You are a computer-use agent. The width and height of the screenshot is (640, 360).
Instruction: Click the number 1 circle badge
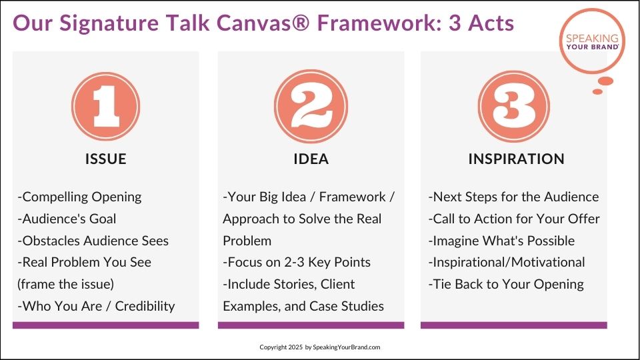[106, 107]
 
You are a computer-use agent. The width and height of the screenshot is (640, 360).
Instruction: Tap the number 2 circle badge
[311, 107]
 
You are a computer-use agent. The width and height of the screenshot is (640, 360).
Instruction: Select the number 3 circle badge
[514, 107]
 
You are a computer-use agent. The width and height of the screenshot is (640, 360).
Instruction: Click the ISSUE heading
[106, 159]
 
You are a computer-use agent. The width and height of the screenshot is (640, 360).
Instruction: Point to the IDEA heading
[311, 159]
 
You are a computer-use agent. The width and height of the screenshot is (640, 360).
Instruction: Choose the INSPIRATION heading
[516, 159]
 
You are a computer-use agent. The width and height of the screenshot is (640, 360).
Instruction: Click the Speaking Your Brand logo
[592, 42]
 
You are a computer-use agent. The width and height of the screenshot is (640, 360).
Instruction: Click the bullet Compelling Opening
[79, 197]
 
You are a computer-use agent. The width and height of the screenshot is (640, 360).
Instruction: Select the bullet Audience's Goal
[67, 219]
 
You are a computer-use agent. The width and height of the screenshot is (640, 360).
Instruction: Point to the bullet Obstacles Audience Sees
[93, 241]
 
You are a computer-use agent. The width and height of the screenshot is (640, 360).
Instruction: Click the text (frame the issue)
[66, 284]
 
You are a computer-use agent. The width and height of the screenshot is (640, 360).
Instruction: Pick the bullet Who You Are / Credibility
[96, 306]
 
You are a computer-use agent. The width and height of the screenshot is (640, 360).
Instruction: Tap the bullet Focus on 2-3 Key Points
[297, 263]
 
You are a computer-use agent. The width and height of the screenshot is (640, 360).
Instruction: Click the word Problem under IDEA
[247, 241]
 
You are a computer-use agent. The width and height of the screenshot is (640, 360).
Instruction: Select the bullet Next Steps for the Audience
[513, 197]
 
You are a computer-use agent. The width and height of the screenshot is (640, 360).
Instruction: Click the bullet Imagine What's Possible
[501, 241]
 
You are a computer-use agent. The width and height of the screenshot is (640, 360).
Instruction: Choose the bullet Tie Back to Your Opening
[506, 285]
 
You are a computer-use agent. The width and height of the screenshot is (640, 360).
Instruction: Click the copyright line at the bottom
[320, 347]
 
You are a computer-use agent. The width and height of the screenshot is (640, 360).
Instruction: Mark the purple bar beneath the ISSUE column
[106, 325]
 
